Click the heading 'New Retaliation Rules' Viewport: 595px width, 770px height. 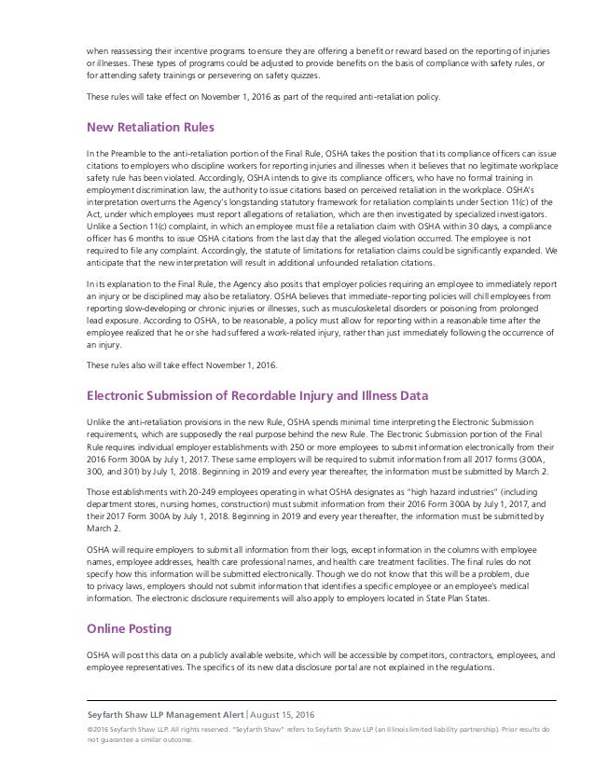(151, 128)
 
